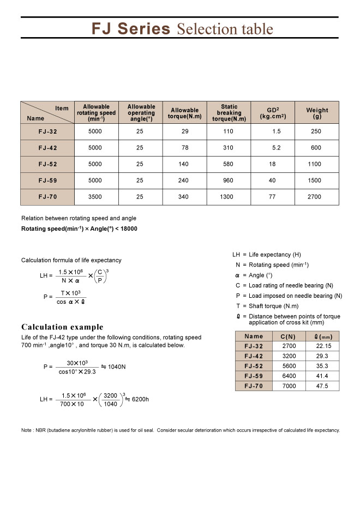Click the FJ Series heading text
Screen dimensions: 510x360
(x=131, y=28)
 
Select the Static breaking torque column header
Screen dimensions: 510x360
(x=229, y=113)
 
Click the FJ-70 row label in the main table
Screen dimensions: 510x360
(x=47, y=197)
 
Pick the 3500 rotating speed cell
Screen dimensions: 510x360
(x=95, y=197)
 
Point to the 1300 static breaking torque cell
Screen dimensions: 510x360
(x=227, y=197)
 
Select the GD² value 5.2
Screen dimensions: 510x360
(x=277, y=148)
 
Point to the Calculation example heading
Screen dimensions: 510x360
(x=62, y=327)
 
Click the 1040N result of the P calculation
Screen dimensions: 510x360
(x=117, y=367)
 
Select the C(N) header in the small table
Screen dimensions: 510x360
(x=289, y=337)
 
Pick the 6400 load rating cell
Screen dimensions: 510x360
(x=289, y=376)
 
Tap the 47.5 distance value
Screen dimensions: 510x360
(x=323, y=386)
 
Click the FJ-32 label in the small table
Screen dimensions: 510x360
(x=254, y=346)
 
